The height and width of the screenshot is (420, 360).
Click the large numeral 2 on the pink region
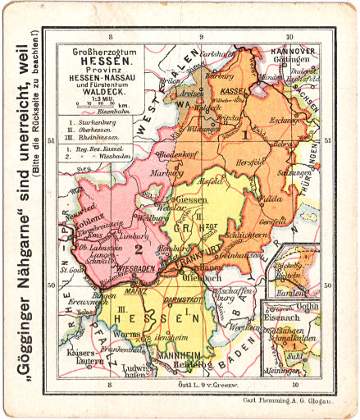tap(139, 246)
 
